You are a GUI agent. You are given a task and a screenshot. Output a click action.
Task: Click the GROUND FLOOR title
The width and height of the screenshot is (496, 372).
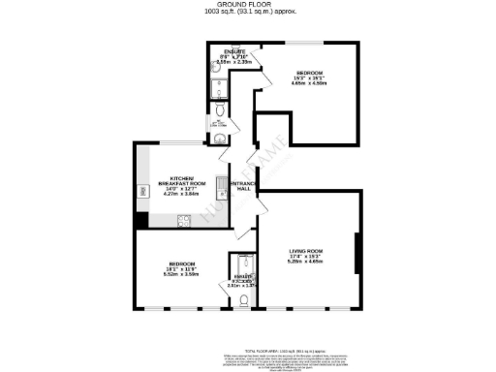249,5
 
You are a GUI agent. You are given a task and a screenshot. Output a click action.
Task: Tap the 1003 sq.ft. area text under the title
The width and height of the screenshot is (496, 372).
249,13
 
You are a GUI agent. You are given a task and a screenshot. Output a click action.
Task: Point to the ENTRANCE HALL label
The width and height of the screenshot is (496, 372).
241,186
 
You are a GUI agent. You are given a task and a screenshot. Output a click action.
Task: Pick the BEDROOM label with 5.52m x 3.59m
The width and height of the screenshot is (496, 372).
182,264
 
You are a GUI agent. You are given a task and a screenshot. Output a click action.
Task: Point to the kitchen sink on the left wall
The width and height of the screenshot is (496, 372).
144,193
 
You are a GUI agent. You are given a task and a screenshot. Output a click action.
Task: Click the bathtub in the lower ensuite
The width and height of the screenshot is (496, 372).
242,265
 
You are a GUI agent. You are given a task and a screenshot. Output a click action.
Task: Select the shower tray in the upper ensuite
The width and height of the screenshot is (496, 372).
219,91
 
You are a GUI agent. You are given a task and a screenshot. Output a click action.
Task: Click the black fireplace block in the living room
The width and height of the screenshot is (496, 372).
357,254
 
